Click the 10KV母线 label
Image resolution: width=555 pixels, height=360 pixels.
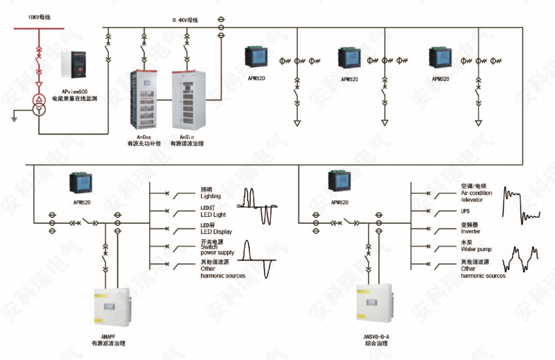(40, 17)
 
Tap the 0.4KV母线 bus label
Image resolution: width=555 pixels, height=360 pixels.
(185, 20)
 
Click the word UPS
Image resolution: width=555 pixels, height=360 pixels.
(465, 211)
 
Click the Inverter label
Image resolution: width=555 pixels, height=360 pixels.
(470, 231)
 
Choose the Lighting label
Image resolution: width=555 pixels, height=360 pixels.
(210, 196)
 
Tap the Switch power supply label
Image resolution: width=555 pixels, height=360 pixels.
(217, 250)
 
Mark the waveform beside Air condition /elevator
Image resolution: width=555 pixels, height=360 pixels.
(522, 204)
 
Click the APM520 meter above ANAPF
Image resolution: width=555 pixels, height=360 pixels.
(78, 183)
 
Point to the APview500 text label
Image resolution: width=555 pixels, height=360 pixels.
(75, 91)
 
